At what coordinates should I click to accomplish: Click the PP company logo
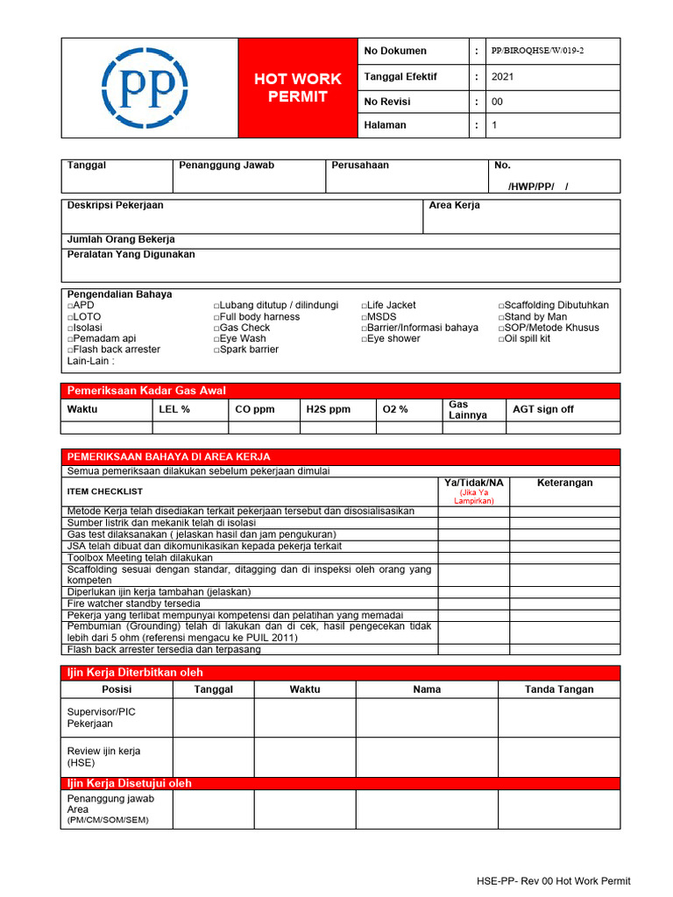pos(145,88)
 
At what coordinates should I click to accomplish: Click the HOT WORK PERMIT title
pos(298,88)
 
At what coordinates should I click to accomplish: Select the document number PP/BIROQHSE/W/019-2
pos(537,51)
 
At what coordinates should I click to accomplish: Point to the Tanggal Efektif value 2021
pos(503,76)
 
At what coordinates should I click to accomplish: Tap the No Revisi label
pos(389,102)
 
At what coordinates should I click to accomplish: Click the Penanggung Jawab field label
pos(226,165)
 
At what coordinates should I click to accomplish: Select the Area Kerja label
pos(454,205)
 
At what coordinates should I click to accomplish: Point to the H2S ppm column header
pos(328,409)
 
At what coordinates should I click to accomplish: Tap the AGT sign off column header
pos(543,409)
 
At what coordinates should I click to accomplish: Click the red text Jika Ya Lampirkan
pos(474,497)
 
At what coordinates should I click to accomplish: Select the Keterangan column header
pos(564,483)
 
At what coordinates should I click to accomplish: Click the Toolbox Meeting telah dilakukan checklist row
pos(140,557)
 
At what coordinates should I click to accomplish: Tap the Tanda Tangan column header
pos(559,689)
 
